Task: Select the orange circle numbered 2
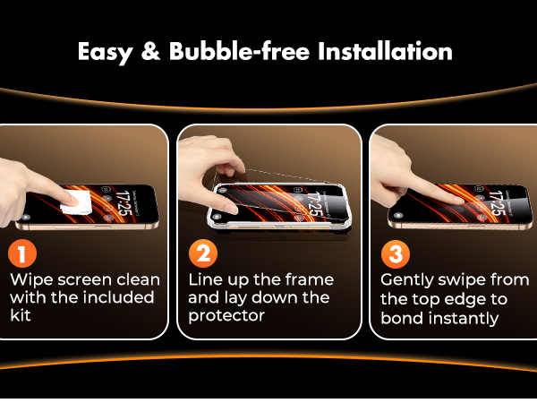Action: [x=205, y=254]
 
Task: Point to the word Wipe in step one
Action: [x=30, y=279]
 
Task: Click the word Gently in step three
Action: [x=408, y=279]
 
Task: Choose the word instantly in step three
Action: [x=464, y=319]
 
